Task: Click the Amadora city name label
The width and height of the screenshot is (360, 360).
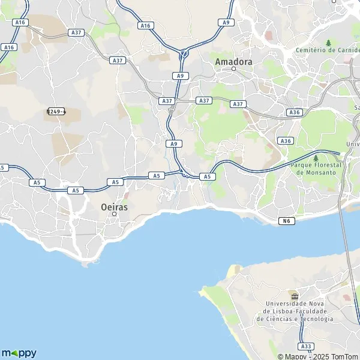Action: click(233, 61)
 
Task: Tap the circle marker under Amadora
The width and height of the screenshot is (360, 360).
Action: click(234, 68)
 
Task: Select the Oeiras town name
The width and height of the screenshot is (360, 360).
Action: click(114, 206)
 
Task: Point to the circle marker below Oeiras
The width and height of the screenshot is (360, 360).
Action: click(114, 214)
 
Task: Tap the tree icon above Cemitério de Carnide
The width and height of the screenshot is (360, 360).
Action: click(328, 43)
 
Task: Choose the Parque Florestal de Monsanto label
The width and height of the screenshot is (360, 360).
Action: click(316, 168)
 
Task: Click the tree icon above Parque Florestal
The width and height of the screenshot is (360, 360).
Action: click(316, 157)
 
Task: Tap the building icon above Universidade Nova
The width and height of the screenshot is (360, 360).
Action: click(294, 296)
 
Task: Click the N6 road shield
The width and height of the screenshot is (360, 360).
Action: click(287, 221)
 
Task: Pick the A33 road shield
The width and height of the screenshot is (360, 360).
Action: click(306, 346)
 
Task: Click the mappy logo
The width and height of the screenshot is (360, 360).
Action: click(19, 353)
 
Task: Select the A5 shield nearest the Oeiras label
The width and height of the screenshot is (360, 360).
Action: click(116, 182)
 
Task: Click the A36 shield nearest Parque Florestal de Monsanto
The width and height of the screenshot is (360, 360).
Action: click(286, 140)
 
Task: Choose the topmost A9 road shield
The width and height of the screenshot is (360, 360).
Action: click(226, 22)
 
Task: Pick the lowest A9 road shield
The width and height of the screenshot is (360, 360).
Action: click(173, 144)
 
